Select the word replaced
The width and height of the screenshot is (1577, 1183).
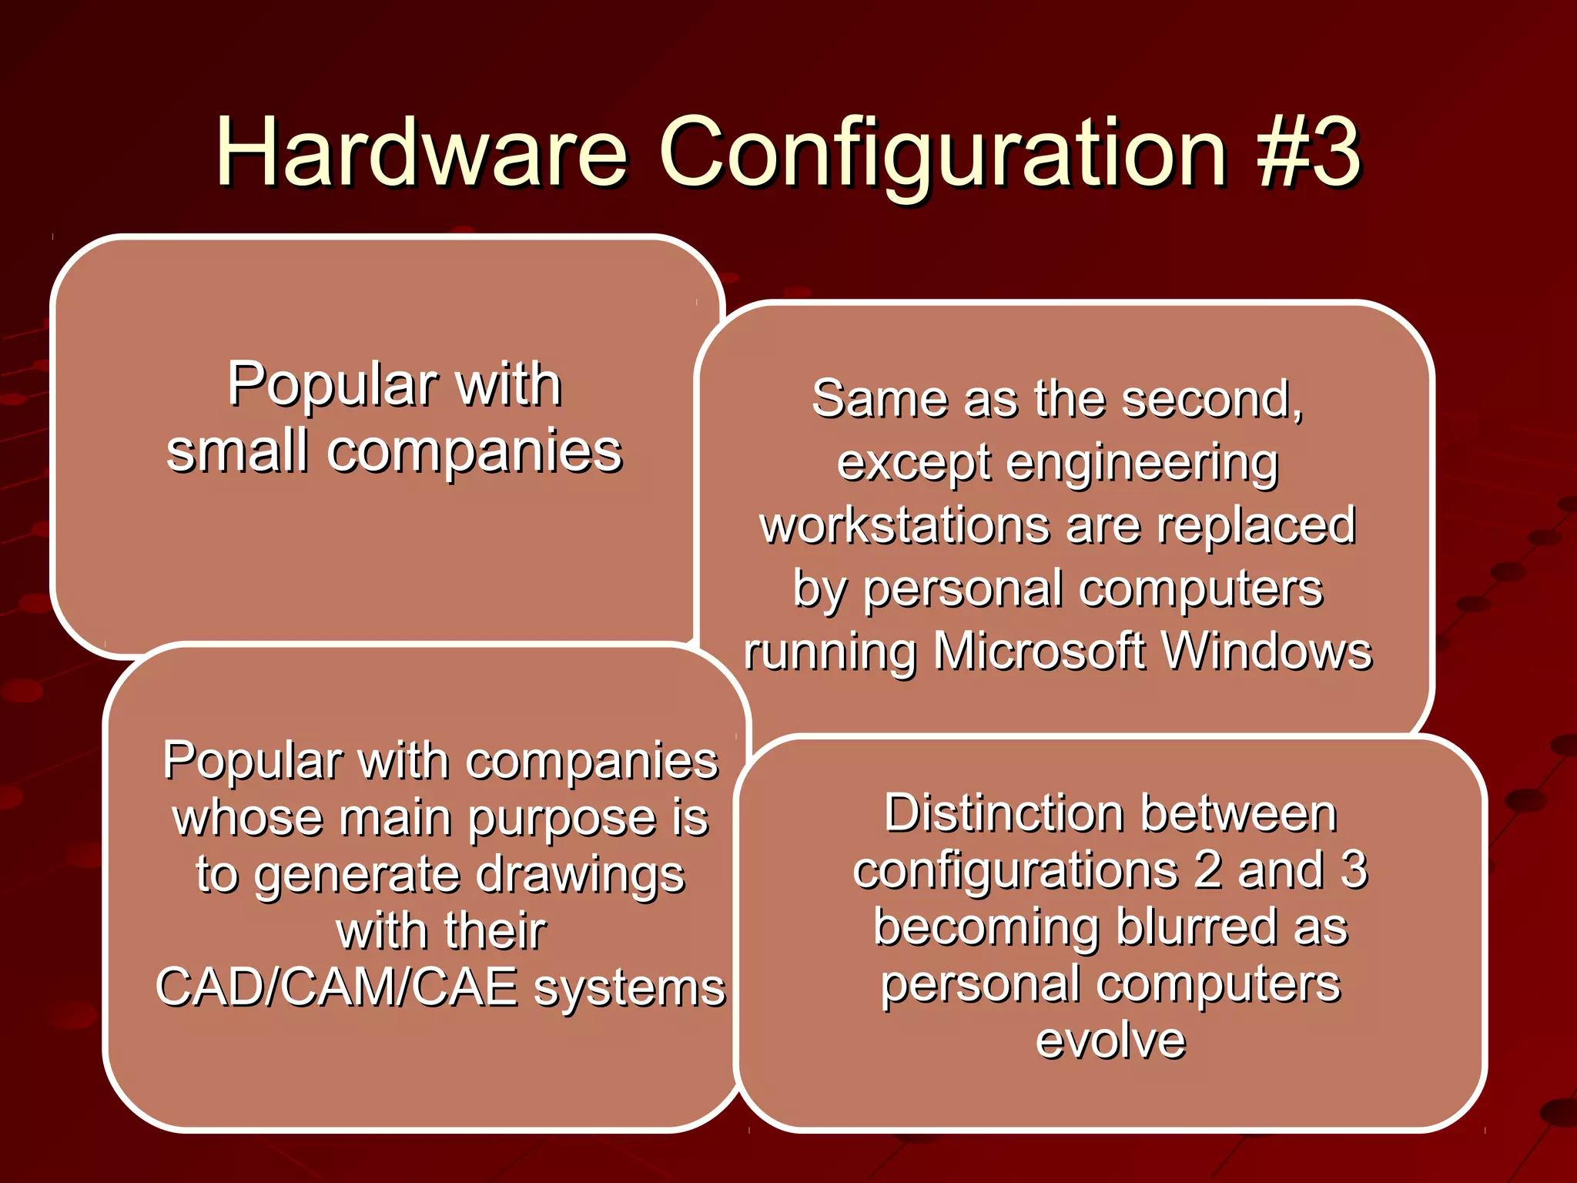(x=1256, y=525)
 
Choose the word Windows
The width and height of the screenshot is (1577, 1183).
(x=1267, y=652)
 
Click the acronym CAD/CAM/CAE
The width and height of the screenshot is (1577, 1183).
(x=336, y=987)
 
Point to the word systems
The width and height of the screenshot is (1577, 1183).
(x=629, y=989)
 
